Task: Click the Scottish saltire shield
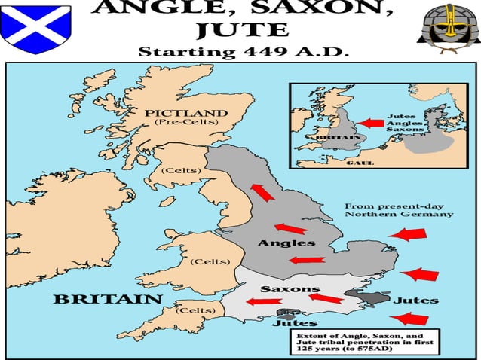35,26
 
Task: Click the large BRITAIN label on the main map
109,299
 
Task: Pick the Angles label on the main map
286,243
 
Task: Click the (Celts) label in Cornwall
195,310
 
